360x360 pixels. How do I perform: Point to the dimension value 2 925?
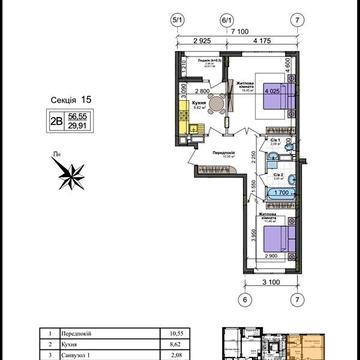[202, 42]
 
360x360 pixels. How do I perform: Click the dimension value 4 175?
[262, 42]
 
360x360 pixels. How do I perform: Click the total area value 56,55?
[77, 115]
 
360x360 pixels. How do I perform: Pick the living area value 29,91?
[77, 125]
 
